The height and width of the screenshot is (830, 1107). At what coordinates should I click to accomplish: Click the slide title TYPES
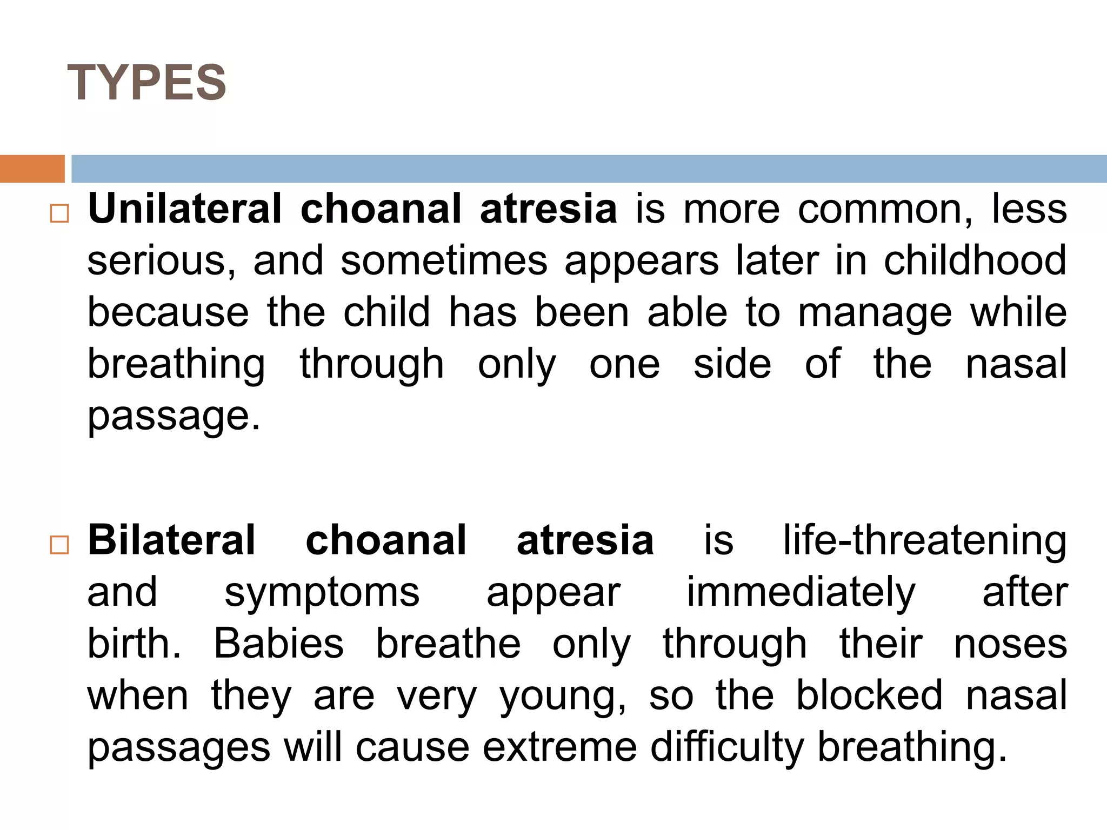click(x=146, y=82)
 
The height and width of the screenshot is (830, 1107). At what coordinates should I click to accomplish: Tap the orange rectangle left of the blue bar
click(x=32, y=169)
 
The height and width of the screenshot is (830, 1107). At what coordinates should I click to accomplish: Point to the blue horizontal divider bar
click(x=589, y=169)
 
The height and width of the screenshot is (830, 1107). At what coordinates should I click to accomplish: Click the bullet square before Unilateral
click(x=59, y=213)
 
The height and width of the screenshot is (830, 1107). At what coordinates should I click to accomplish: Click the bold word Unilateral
click(x=185, y=209)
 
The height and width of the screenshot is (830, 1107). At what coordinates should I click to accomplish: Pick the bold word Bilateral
click(x=171, y=540)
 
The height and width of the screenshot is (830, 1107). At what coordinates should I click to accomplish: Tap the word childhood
click(x=975, y=260)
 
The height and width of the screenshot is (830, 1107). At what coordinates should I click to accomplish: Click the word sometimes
click(x=444, y=260)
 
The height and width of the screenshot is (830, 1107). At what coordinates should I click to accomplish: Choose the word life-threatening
click(x=925, y=540)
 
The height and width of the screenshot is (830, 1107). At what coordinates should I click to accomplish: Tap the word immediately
click(x=801, y=592)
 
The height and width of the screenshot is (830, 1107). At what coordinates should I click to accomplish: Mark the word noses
click(x=1010, y=644)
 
